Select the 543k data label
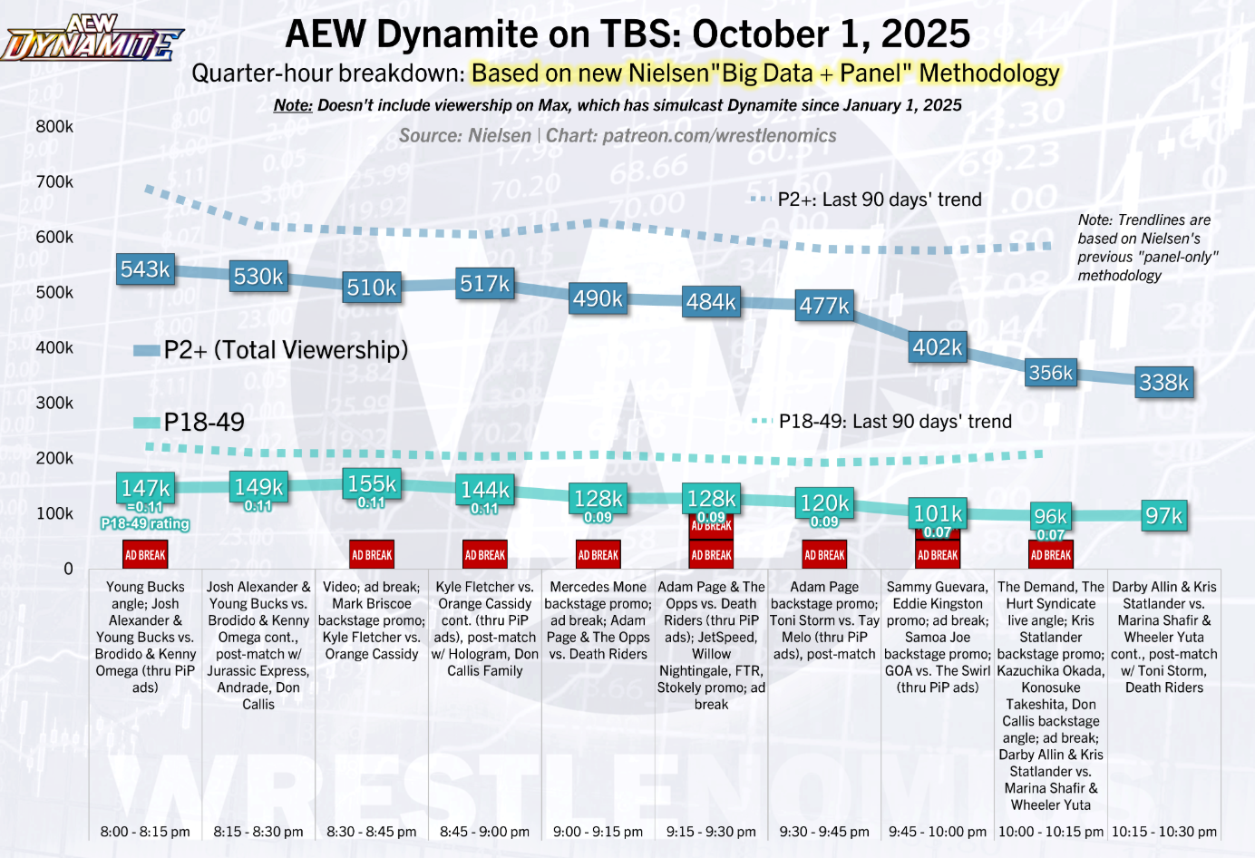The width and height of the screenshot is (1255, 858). coord(145,269)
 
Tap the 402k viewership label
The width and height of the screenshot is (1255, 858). coord(938,347)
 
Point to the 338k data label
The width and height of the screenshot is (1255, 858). coord(1163,383)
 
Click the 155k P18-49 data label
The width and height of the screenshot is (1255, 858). coord(372,483)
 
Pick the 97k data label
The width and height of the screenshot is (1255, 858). coord(1163,516)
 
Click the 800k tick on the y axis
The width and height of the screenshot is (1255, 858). coord(54,126)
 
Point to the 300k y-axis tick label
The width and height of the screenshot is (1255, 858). coord(54,403)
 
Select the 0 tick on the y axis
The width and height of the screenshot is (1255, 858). coord(68,569)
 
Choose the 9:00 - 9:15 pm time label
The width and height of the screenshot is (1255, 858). coord(598,832)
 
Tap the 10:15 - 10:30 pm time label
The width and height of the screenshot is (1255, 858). coord(1164,832)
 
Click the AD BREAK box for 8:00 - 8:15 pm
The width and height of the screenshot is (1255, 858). coord(145,555)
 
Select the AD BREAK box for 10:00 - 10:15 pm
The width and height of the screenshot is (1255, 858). coord(1051,555)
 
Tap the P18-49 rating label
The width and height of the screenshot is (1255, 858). coord(145,523)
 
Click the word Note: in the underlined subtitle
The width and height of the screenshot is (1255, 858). coord(293,105)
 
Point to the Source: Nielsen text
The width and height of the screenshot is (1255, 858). coord(465,136)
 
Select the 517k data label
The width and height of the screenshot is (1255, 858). coord(485,284)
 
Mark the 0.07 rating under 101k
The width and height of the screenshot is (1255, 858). coord(938,532)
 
